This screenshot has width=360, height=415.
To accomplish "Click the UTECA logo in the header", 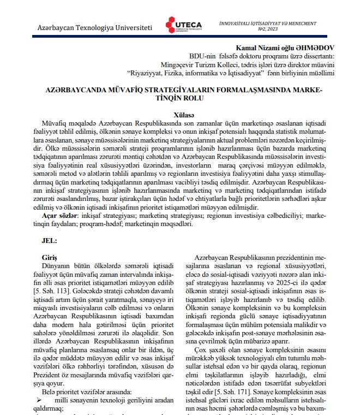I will pos(183,25).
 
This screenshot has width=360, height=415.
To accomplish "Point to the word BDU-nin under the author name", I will pos(202,56).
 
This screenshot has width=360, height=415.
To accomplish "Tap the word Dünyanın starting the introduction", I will pos(57,266).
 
